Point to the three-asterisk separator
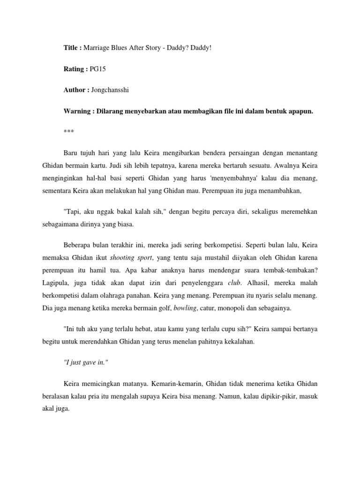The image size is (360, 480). coord(68,132)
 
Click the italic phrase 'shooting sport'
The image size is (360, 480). coord(128,257)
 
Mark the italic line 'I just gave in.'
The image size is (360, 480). coord(85,362)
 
